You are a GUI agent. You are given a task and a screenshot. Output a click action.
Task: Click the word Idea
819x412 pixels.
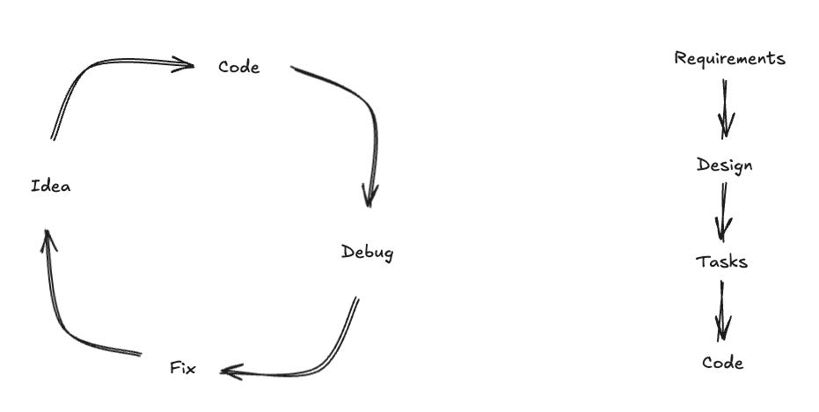(x=50, y=187)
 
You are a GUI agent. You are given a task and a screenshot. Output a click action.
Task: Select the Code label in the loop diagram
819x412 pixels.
(x=238, y=67)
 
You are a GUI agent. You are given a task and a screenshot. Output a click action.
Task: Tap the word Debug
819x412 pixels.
(x=367, y=253)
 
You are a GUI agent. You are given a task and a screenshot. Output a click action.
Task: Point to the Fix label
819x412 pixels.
(x=182, y=368)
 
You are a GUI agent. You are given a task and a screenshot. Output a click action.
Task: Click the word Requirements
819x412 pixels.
(x=729, y=59)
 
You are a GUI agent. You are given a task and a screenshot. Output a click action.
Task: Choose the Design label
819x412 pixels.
(x=724, y=166)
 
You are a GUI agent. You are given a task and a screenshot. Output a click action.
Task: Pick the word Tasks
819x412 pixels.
(x=721, y=261)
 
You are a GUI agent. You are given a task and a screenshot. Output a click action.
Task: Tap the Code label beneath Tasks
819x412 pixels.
(x=722, y=363)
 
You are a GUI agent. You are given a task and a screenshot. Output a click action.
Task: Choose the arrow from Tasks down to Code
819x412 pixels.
(x=722, y=310)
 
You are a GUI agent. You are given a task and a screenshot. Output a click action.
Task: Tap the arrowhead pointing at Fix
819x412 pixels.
(x=230, y=372)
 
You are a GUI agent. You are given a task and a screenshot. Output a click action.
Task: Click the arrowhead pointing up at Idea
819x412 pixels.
(x=48, y=238)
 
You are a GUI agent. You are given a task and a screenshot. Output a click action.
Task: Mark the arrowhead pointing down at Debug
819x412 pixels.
(x=369, y=195)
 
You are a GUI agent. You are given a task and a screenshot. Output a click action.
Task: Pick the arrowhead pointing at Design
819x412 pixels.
(x=726, y=128)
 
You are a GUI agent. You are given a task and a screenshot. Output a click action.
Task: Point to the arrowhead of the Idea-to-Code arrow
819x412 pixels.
(x=183, y=63)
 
